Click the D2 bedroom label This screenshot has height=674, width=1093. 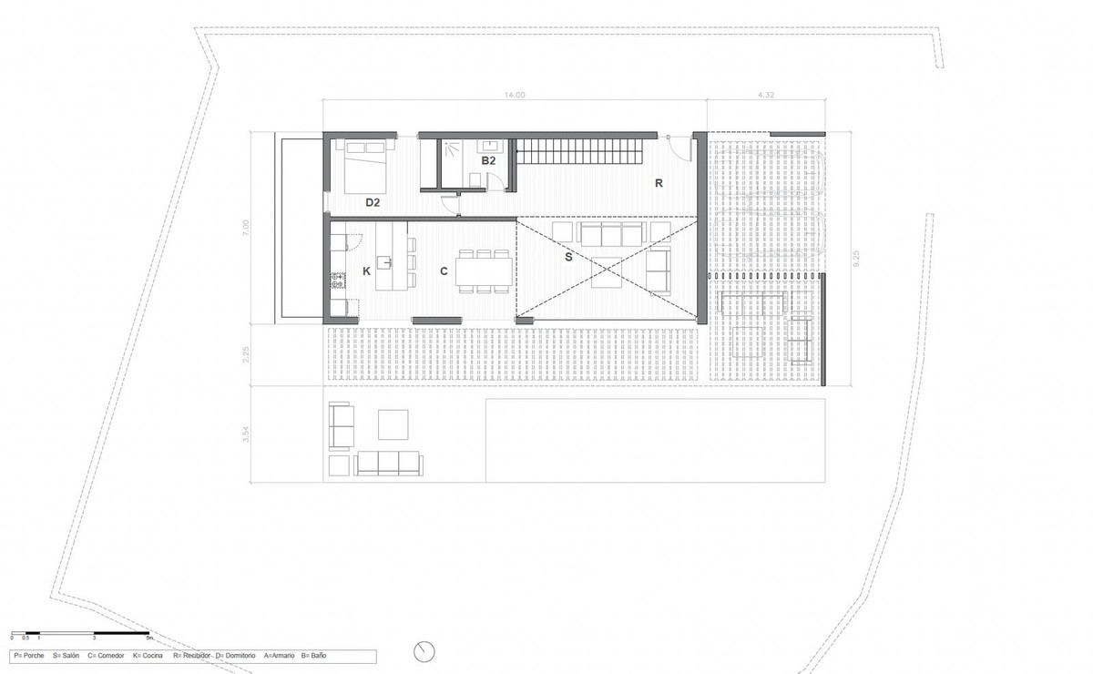[373, 202]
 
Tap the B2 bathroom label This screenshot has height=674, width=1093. [488, 160]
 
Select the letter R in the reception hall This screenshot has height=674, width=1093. [658, 182]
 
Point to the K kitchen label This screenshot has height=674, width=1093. [366, 271]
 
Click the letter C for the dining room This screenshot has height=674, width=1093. [444, 271]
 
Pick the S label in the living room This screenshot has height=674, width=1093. [567, 258]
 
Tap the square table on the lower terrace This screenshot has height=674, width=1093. [394, 424]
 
